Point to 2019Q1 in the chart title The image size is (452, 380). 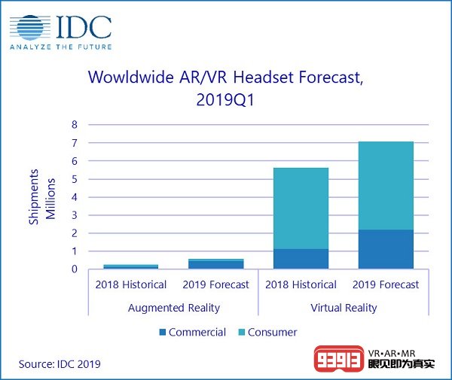[x=226, y=99]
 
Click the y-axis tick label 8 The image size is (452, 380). [x=74, y=124]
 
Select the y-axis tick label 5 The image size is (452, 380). [x=74, y=179]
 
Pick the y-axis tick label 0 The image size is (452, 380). [x=74, y=269]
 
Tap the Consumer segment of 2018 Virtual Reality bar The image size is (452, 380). [x=301, y=208]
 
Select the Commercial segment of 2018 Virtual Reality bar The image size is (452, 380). [x=301, y=259]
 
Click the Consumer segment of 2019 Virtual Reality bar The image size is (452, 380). [x=386, y=185]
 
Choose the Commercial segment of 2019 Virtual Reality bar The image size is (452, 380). [x=386, y=249]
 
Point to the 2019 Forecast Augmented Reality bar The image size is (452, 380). [x=215, y=263]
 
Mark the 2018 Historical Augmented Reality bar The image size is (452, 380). [x=130, y=266]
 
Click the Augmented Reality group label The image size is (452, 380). [x=173, y=308]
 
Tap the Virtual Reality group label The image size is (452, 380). [x=343, y=308]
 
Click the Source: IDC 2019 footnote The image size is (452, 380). [x=60, y=365]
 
